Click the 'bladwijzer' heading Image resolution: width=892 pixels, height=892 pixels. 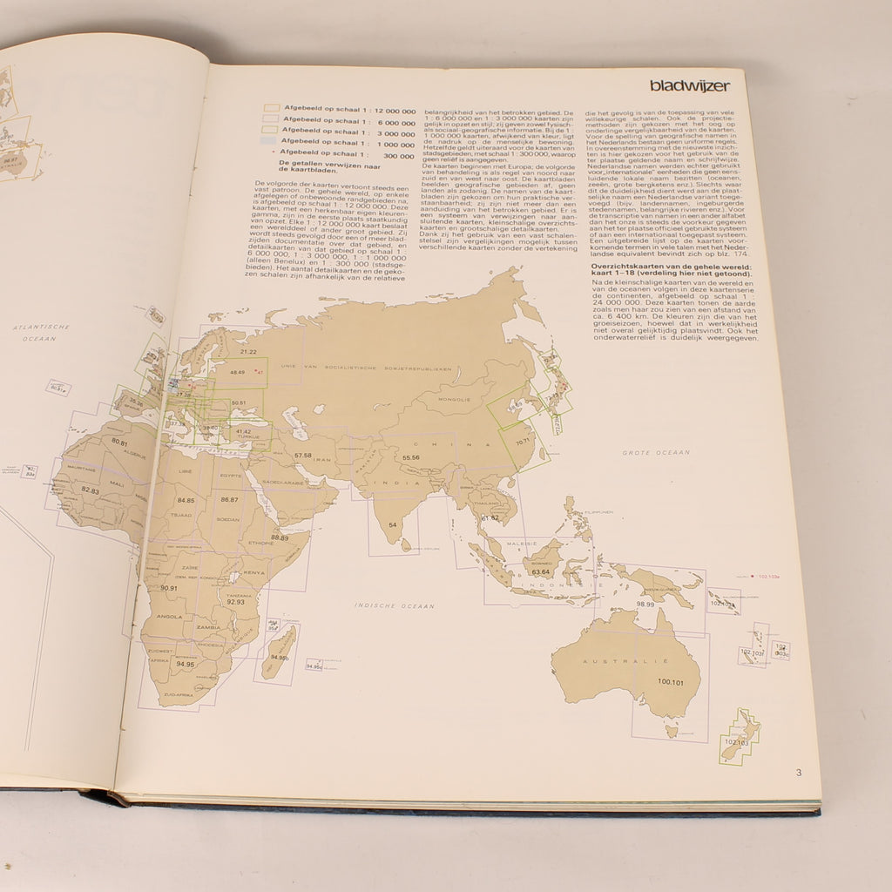pyautogui.click(x=689, y=85)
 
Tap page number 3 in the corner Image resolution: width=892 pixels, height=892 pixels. pyautogui.click(x=797, y=772)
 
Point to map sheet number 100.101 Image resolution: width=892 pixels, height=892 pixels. pyautogui.click(x=671, y=682)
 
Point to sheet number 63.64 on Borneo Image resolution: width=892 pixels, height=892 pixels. pyautogui.click(x=541, y=571)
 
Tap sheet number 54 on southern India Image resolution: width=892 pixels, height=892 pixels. pyautogui.click(x=393, y=524)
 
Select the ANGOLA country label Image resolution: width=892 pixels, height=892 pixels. pyautogui.click(x=168, y=616)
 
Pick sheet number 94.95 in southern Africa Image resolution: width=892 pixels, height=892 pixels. pyautogui.click(x=185, y=664)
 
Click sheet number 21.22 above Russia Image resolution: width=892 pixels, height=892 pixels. pyautogui.click(x=248, y=351)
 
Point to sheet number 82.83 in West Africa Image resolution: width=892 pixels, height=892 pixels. pyautogui.click(x=90, y=491)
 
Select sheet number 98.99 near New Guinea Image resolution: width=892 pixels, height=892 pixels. pyautogui.click(x=645, y=604)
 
